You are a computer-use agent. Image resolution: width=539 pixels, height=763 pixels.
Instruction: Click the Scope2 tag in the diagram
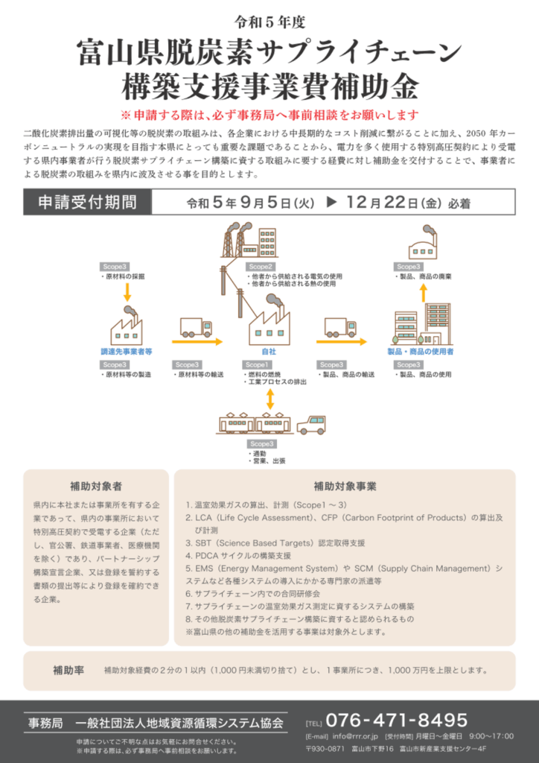point(261,266)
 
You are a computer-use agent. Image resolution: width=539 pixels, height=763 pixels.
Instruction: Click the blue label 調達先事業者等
point(127,351)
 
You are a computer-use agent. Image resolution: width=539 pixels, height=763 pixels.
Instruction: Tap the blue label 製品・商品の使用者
point(420,351)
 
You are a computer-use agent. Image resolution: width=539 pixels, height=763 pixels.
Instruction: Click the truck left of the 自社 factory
point(197,327)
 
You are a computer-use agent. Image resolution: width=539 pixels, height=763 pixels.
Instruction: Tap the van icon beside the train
point(311,425)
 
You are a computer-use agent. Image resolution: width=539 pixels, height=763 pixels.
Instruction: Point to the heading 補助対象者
point(96,487)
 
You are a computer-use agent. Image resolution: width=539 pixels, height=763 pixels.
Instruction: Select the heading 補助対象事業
point(345,487)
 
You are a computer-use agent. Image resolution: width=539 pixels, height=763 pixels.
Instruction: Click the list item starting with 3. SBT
point(275,542)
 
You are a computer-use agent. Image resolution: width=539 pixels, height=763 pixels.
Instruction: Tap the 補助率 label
point(68,669)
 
